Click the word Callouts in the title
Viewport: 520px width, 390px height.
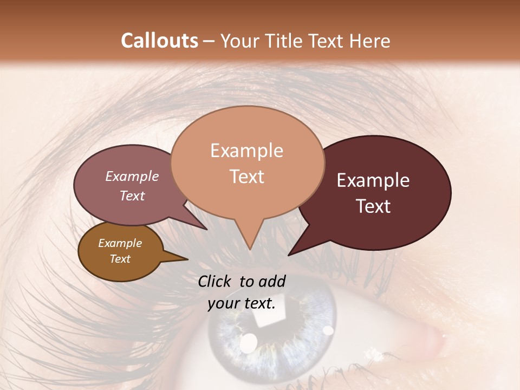pyautogui.click(x=159, y=41)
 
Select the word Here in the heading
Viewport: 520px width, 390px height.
pyautogui.click(x=369, y=41)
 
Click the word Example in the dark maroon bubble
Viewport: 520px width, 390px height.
pyautogui.click(x=373, y=180)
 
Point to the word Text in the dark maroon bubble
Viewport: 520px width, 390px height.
pyautogui.click(x=373, y=206)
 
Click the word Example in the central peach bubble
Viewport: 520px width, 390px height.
pyautogui.click(x=246, y=151)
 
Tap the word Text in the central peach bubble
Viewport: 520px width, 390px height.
pyautogui.click(x=246, y=177)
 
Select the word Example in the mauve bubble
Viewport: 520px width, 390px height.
pyautogui.click(x=132, y=176)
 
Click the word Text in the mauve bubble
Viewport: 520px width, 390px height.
pyautogui.click(x=132, y=196)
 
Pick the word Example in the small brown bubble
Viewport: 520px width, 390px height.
pyautogui.click(x=120, y=243)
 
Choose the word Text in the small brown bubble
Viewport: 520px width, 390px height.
pyautogui.click(x=120, y=259)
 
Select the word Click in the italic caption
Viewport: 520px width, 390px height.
pyautogui.click(x=216, y=281)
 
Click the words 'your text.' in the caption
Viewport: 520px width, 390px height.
pyautogui.click(x=242, y=304)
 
